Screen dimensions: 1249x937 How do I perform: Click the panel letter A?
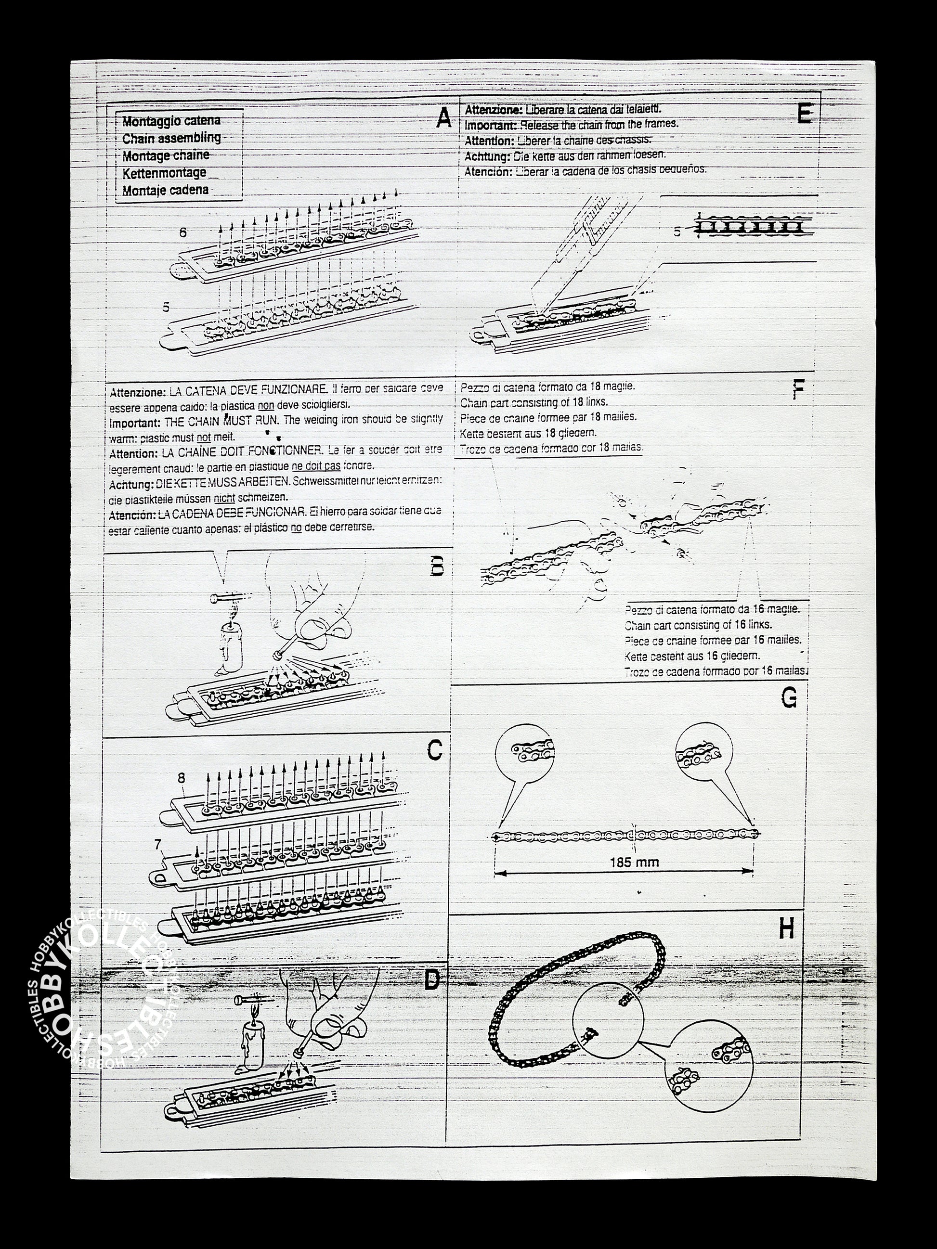click(444, 118)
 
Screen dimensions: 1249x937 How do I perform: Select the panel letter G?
click(789, 698)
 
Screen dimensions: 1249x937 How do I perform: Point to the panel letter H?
click(787, 928)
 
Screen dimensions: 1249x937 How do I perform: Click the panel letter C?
click(434, 750)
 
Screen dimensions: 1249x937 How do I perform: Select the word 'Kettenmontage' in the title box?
click(164, 173)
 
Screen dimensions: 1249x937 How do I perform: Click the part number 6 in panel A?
click(182, 232)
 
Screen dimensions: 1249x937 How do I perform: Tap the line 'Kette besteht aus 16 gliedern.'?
click(692, 656)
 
